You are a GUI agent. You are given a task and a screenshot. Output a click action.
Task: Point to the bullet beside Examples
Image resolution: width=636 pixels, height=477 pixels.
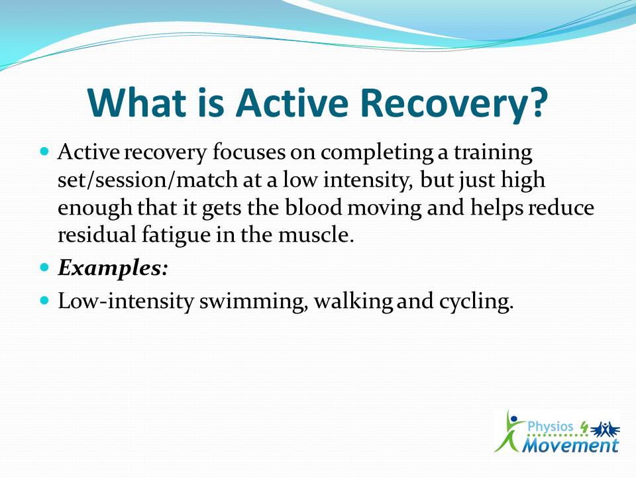(x=45, y=268)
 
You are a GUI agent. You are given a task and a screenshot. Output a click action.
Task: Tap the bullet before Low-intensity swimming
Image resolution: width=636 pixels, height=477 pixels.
(x=45, y=301)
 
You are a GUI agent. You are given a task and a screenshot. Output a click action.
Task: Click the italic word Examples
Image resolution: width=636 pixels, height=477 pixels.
(x=113, y=268)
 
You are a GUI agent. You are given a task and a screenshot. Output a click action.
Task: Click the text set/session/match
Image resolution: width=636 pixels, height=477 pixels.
(x=148, y=180)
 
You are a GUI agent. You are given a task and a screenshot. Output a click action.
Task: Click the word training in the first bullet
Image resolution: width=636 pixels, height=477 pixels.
(x=493, y=153)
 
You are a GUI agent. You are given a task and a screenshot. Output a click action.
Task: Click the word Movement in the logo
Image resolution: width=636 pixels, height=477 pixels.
(x=570, y=445)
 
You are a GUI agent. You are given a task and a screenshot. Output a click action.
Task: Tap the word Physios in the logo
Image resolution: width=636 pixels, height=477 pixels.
(x=550, y=427)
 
